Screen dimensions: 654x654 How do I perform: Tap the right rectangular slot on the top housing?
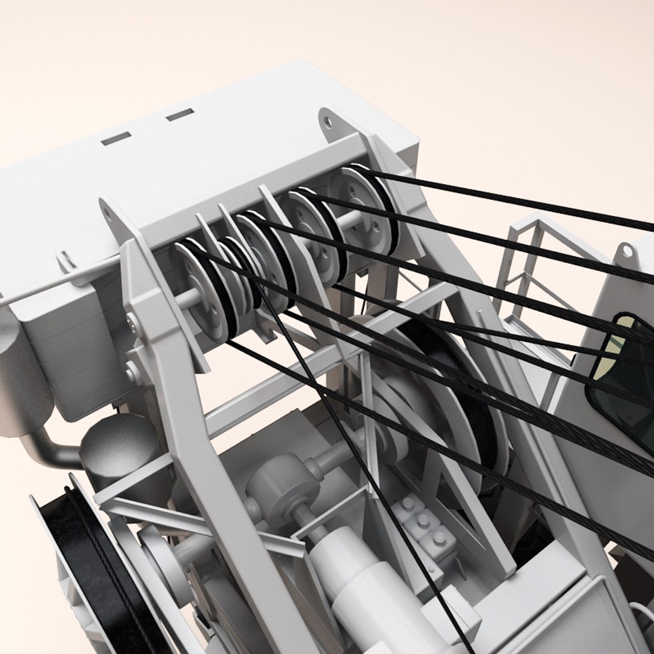(x=180, y=114)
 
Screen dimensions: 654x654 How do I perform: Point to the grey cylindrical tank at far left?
(x=21, y=375)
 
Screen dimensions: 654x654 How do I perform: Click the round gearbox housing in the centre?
(x=282, y=484)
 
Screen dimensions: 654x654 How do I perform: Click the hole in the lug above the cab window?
(x=627, y=249)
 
